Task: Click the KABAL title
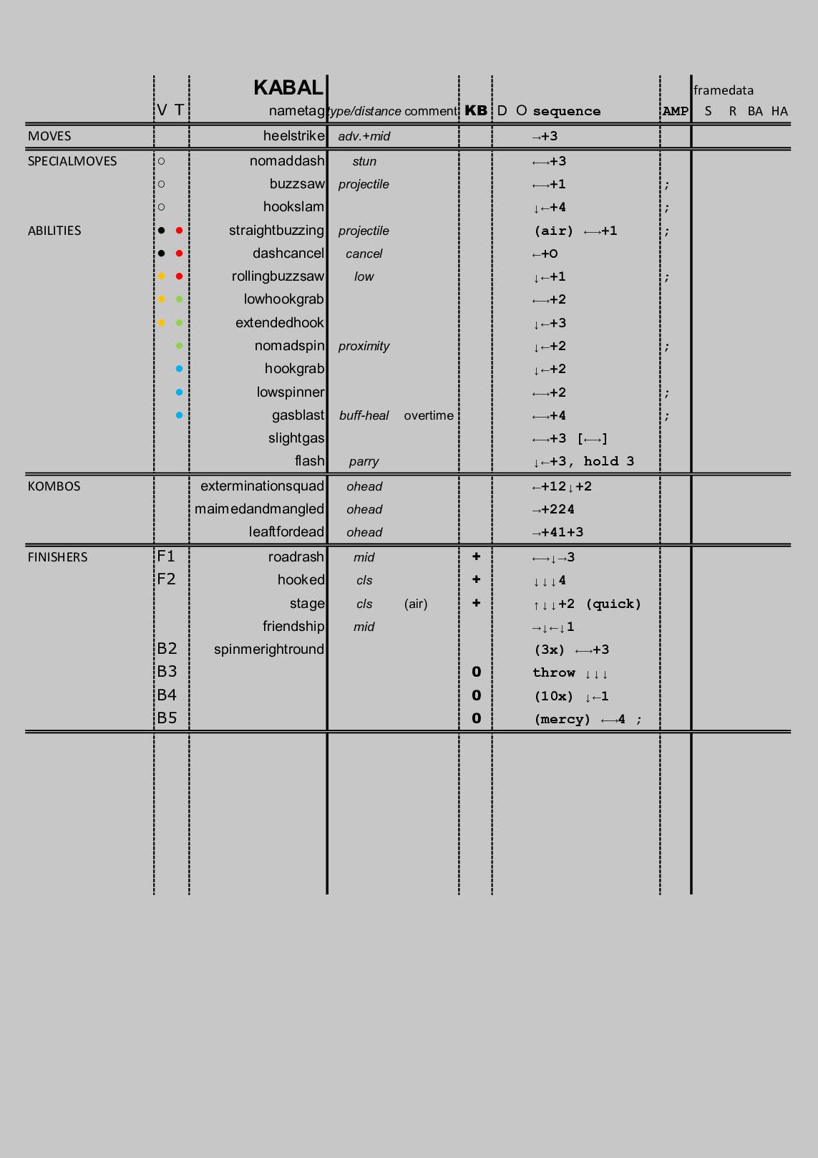tap(288, 87)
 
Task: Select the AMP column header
tap(675, 111)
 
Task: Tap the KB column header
tap(476, 110)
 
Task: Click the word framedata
tap(723, 90)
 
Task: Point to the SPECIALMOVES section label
tap(72, 161)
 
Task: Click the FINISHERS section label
tap(57, 557)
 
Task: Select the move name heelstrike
tap(293, 136)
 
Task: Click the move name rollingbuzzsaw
tap(278, 276)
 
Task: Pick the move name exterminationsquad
tap(262, 486)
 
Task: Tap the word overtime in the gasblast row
tap(429, 415)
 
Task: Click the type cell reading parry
tap(364, 462)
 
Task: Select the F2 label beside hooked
tap(166, 579)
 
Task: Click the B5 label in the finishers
tap(167, 718)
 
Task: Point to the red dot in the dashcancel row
tap(179, 254)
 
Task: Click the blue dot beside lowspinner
tap(179, 392)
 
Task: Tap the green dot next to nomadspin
tap(179, 346)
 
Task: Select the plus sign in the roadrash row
tap(476, 556)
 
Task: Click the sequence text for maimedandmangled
tap(553, 509)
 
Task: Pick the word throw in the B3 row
tap(553, 672)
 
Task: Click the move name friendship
tap(293, 627)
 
